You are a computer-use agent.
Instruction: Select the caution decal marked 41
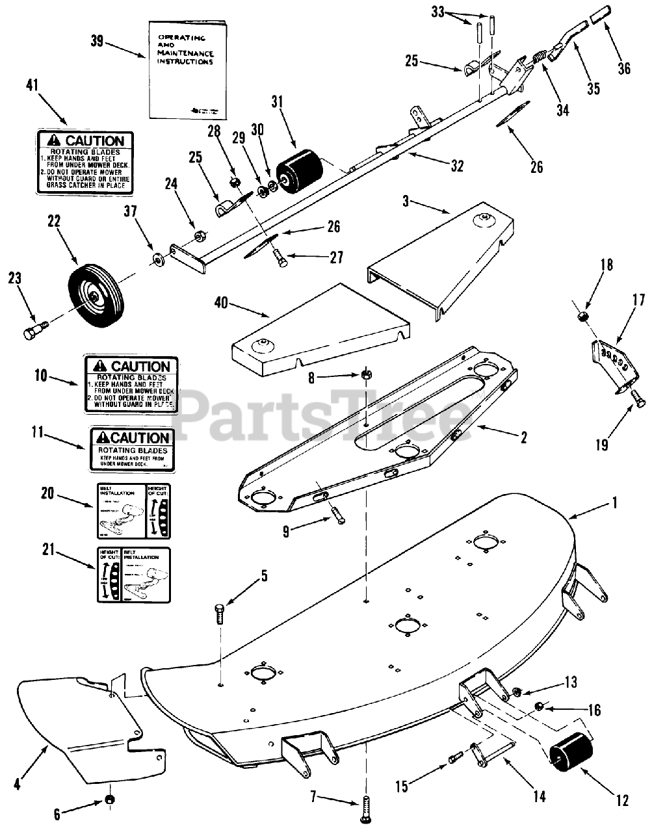85,162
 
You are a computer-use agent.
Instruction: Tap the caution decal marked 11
131,448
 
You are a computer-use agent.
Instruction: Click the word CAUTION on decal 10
139,367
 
